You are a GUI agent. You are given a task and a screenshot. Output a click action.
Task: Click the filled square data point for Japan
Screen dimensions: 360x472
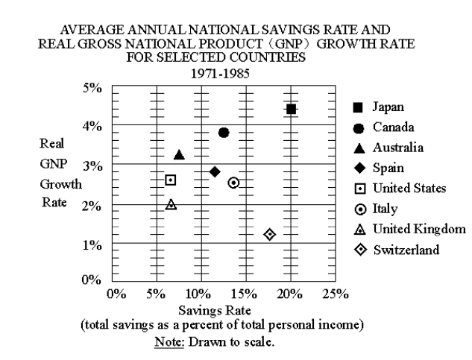[292, 109]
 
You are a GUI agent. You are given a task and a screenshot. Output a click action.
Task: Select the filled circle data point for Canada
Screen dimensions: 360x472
[224, 132]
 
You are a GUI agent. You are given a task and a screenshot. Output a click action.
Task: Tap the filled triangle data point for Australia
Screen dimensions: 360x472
[179, 154]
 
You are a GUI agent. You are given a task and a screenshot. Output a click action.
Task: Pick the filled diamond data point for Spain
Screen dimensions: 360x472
[215, 171]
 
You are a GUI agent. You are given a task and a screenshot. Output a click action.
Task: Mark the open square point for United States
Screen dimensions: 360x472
[171, 180]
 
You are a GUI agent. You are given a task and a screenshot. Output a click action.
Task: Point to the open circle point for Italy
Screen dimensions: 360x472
[233, 183]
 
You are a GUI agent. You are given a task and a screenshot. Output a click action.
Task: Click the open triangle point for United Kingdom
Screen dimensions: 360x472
[171, 204]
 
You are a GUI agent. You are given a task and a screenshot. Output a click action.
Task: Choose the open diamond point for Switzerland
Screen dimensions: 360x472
[270, 235]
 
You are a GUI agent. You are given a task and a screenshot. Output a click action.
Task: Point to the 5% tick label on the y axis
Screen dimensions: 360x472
[92, 88]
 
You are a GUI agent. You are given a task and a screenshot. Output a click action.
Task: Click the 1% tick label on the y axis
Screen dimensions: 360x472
[92, 245]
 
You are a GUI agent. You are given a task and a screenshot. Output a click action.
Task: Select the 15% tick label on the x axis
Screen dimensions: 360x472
[245, 294]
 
